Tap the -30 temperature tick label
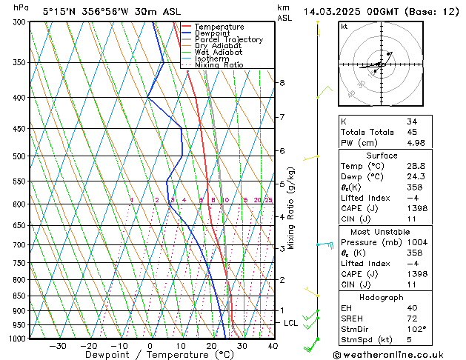(x=57, y=345)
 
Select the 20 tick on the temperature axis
(x=211, y=345)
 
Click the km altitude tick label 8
(x=282, y=82)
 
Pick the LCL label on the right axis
(x=291, y=323)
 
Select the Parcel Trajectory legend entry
(x=228, y=40)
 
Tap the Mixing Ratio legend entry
(x=219, y=65)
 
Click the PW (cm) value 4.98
(x=416, y=143)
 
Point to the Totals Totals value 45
(x=412, y=132)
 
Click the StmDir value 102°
(x=416, y=329)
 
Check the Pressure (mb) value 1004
(x=416, y=242)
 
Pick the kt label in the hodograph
(x=344, y=27)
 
